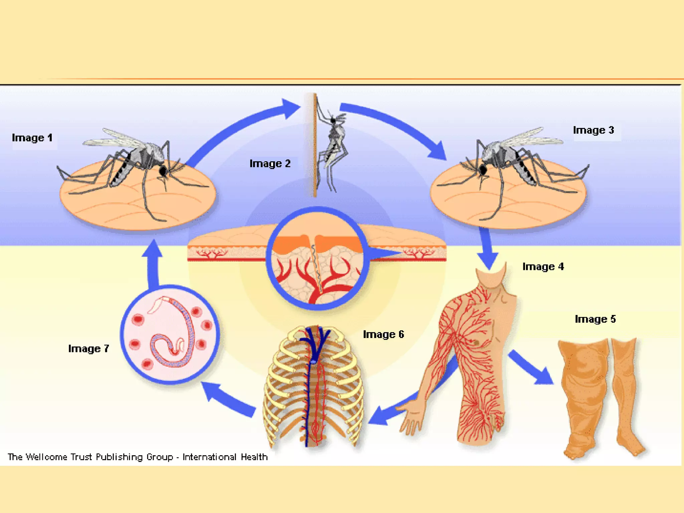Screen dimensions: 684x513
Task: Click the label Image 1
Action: (x=32, y=138)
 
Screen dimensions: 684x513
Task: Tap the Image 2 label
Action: (x=270, y=164)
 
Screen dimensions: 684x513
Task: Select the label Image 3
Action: (x=593, y=130)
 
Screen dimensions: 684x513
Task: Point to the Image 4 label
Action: (x=543, y=267)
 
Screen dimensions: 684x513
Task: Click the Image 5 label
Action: (x=595, y=319)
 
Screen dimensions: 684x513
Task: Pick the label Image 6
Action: (x=383, y=335)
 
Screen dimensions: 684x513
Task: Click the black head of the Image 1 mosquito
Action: (x=163, y=171)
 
